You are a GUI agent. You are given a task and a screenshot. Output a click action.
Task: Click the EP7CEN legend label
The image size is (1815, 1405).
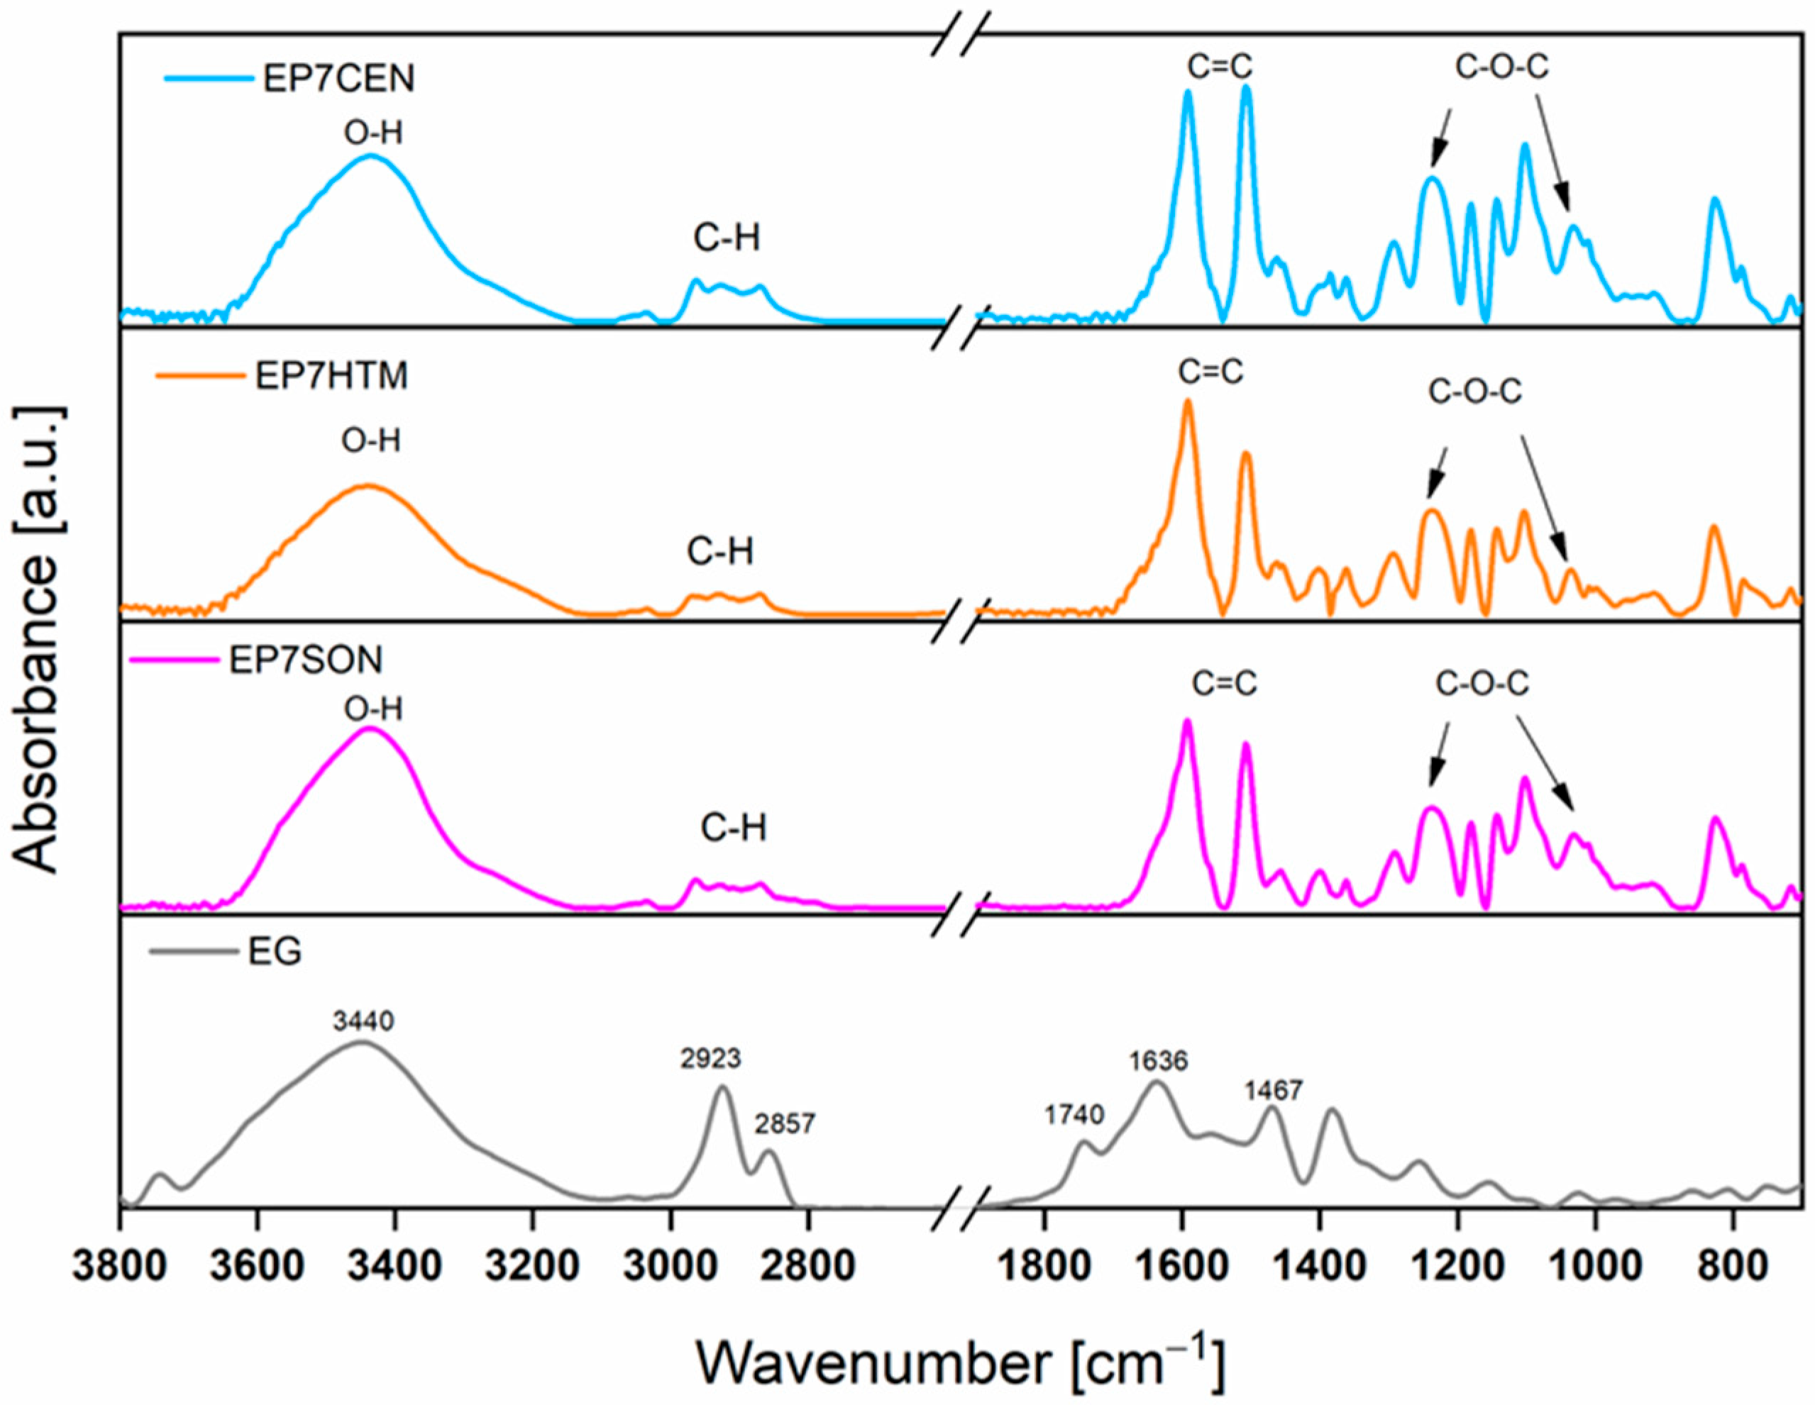[x=338, y=78]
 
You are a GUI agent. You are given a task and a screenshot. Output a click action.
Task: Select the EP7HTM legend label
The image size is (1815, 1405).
[x=331, y=376]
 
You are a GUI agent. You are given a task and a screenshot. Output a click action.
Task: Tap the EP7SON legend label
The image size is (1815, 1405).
[x=306, y=660]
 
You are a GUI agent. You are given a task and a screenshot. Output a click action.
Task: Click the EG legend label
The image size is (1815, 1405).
[x=275, y=951]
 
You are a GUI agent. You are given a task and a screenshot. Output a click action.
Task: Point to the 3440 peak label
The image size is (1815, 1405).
[x=363, y=1021]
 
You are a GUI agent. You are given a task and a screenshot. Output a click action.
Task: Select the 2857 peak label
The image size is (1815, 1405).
[x=785, y=1124]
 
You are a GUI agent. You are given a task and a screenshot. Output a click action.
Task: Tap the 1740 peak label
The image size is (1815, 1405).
[x=1074, y=1114]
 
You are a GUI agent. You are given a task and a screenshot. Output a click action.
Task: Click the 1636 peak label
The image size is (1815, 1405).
[x=1158, y=1060]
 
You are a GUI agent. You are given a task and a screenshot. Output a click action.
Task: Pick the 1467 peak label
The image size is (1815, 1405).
[x=1272, y=1090]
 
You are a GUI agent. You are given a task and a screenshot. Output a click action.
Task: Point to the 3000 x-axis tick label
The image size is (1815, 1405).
[x=671, y=1268]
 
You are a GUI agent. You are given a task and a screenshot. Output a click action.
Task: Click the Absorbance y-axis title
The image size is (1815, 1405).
[x=38, y=640]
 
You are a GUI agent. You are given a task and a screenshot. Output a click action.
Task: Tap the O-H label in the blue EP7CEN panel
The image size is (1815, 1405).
[x=373, y=132]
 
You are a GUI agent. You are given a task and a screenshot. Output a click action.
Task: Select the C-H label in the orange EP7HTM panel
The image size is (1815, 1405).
[x=719, y=552]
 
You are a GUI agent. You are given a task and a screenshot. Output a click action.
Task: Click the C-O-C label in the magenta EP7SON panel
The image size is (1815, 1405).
[x=1482, y=684]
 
